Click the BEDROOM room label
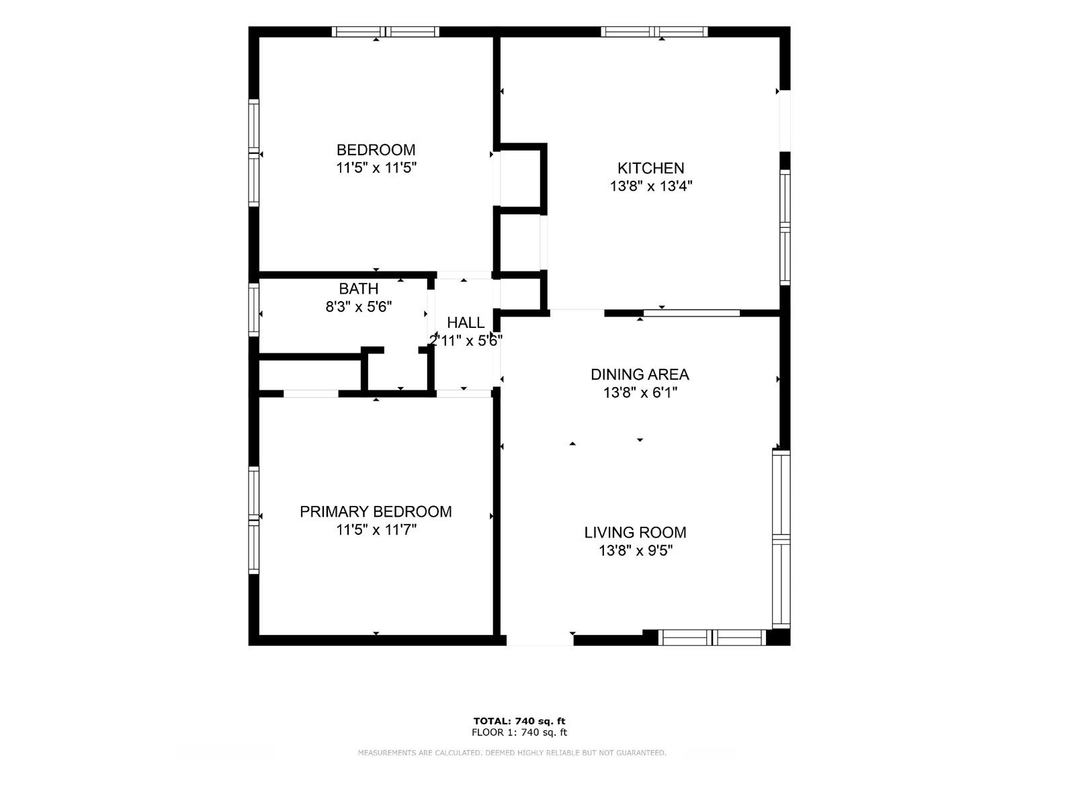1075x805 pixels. [x=376, y=150]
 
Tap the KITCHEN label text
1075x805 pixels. [x=650, y=169]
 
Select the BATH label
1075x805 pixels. [x=359, y=288]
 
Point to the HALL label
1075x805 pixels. [x=466, y=323]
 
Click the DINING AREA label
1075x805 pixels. [x=640, y=374]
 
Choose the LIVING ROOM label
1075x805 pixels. [x=635, y=532]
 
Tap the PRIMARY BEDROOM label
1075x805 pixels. [x=376, y=512]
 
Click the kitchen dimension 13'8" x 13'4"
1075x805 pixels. [x=651, y=187]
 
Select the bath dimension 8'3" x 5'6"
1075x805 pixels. [x=359, y=307]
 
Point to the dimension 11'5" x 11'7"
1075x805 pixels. [x=376, y=529]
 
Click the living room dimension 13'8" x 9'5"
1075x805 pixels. [x=636, y=551]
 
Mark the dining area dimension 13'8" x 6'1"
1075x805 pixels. [x=640, y=392]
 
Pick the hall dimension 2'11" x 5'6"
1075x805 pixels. [x=466, y=341]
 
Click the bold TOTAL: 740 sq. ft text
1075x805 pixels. [x=519, y=721]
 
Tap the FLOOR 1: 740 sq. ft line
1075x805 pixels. [x=519, y=732]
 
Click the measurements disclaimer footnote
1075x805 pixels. [x=512, y=753]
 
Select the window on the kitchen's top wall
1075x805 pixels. [x=654, y=32]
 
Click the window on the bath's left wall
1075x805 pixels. [x=254, y=310]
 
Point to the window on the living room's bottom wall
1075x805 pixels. [x=712, y=638]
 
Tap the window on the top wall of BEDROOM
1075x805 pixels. [x=386, y=32]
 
